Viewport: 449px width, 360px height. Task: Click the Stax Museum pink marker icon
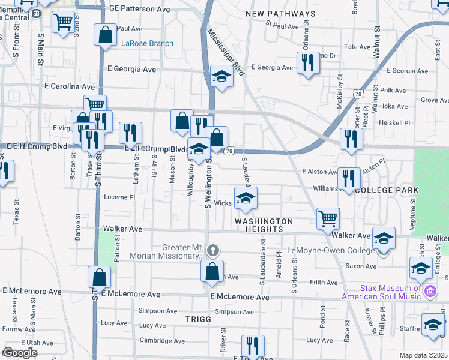point(430,292)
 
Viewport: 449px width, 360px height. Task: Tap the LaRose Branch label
point(147,43)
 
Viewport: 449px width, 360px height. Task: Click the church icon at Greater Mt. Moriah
point(212,250)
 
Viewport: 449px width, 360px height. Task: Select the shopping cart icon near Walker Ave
point(328,218)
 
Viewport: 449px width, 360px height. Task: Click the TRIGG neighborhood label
point(199,319)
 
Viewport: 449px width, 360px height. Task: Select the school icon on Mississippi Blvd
point(221,76)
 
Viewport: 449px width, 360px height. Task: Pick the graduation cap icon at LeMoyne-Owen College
point(384,238)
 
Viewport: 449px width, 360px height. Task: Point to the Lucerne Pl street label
point(119,197)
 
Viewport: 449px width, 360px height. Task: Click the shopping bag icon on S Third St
point(99,277)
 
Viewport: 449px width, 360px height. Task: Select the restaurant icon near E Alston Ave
point(348,178)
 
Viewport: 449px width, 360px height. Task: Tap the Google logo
point(20,353)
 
